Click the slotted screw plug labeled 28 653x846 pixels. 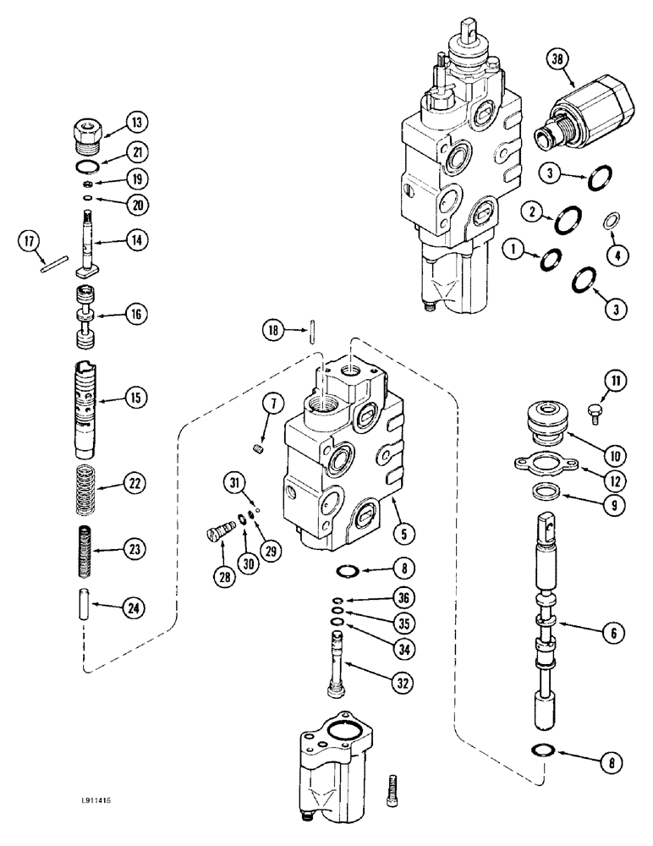[219, 535]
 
